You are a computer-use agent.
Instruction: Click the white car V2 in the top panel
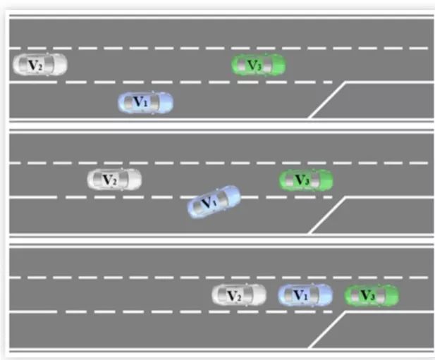40,65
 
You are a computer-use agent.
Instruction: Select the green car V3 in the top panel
259,66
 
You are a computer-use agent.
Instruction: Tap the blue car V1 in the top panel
145,103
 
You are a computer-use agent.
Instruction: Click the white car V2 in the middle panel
114,180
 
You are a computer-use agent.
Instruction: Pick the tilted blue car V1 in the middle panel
214,201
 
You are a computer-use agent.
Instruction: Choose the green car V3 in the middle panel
307,180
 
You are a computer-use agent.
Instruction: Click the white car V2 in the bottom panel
240,295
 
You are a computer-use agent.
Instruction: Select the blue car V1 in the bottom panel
305,295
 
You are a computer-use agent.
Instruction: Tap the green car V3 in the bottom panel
372,295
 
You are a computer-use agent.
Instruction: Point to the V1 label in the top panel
141,103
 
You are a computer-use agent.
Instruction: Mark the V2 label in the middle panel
110,180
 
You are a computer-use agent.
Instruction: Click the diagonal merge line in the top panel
326,100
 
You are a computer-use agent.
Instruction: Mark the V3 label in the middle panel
302,181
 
